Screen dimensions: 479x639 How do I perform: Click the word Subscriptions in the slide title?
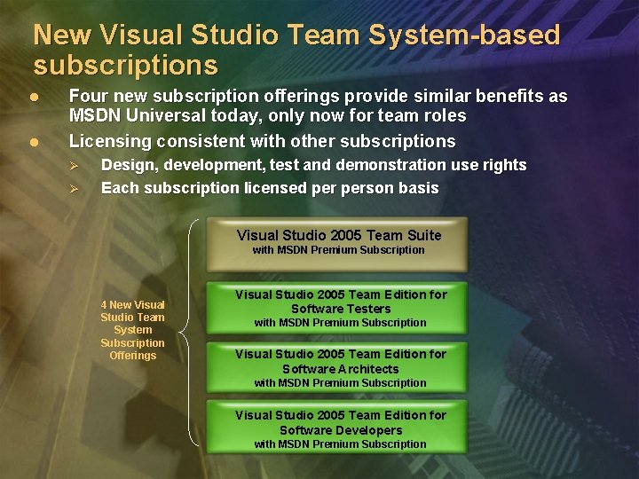pos(125,66)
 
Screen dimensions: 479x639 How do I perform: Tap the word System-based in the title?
pos(471,35)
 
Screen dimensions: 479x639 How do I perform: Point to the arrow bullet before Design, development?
pos(75,166)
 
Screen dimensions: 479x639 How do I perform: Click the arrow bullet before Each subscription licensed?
pos(75,188)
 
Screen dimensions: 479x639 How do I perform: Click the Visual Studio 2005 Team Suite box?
pos(337,243)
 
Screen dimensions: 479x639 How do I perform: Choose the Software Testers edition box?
pos(337,308)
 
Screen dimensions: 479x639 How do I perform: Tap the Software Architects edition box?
pos(337,368)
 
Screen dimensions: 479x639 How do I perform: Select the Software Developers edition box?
pos(337,428)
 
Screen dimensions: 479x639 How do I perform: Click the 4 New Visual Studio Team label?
pos(132,330)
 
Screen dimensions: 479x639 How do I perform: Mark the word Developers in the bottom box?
pos(368,430)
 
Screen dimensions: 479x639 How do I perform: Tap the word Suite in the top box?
pos(422,235)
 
